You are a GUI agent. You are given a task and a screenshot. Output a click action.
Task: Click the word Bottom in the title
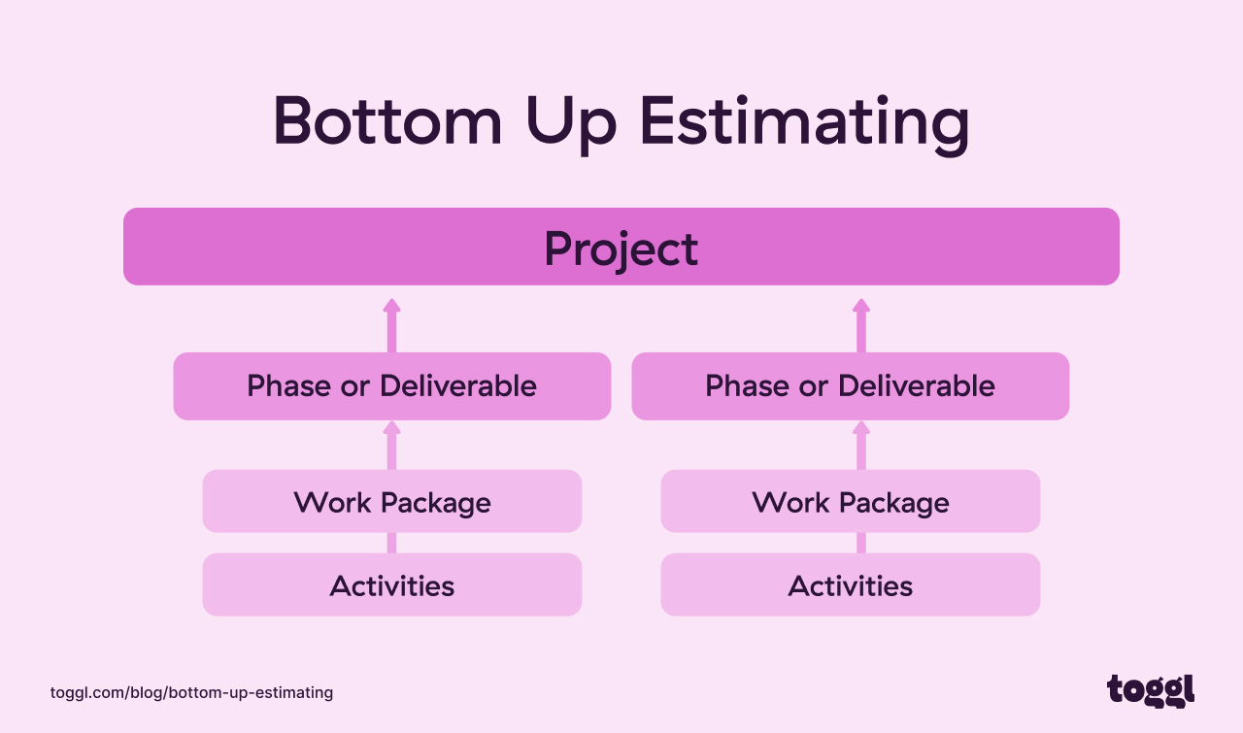(x=387, y=123)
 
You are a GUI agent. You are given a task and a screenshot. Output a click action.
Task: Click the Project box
(x=621, y=248)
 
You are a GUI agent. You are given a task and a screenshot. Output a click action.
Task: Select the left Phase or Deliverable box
(x=391, y=386)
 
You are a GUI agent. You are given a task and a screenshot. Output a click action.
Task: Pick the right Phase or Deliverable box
(x=850, y=386)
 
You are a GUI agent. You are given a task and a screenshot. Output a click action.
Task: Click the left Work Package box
(x=391, y=502)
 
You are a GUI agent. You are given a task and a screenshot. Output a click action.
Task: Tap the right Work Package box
(x=850, y=502)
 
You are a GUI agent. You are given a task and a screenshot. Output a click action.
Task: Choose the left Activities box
(x=391, y=585)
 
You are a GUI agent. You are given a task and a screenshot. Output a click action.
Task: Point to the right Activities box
(x=850, y=585)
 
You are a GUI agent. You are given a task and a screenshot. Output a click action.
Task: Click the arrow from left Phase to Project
(x=391, y=325)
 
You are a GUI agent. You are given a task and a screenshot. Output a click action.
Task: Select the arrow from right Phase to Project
(x=861, y=325)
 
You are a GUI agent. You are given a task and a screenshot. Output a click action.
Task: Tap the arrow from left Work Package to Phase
(x=391, y=446)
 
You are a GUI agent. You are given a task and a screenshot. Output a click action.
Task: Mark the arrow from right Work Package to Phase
(x=861, y=446)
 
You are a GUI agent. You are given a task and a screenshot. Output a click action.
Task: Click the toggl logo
(x=1151, y=690)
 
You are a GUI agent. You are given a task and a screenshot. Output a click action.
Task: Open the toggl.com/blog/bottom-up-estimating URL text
(x=191, y=692)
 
